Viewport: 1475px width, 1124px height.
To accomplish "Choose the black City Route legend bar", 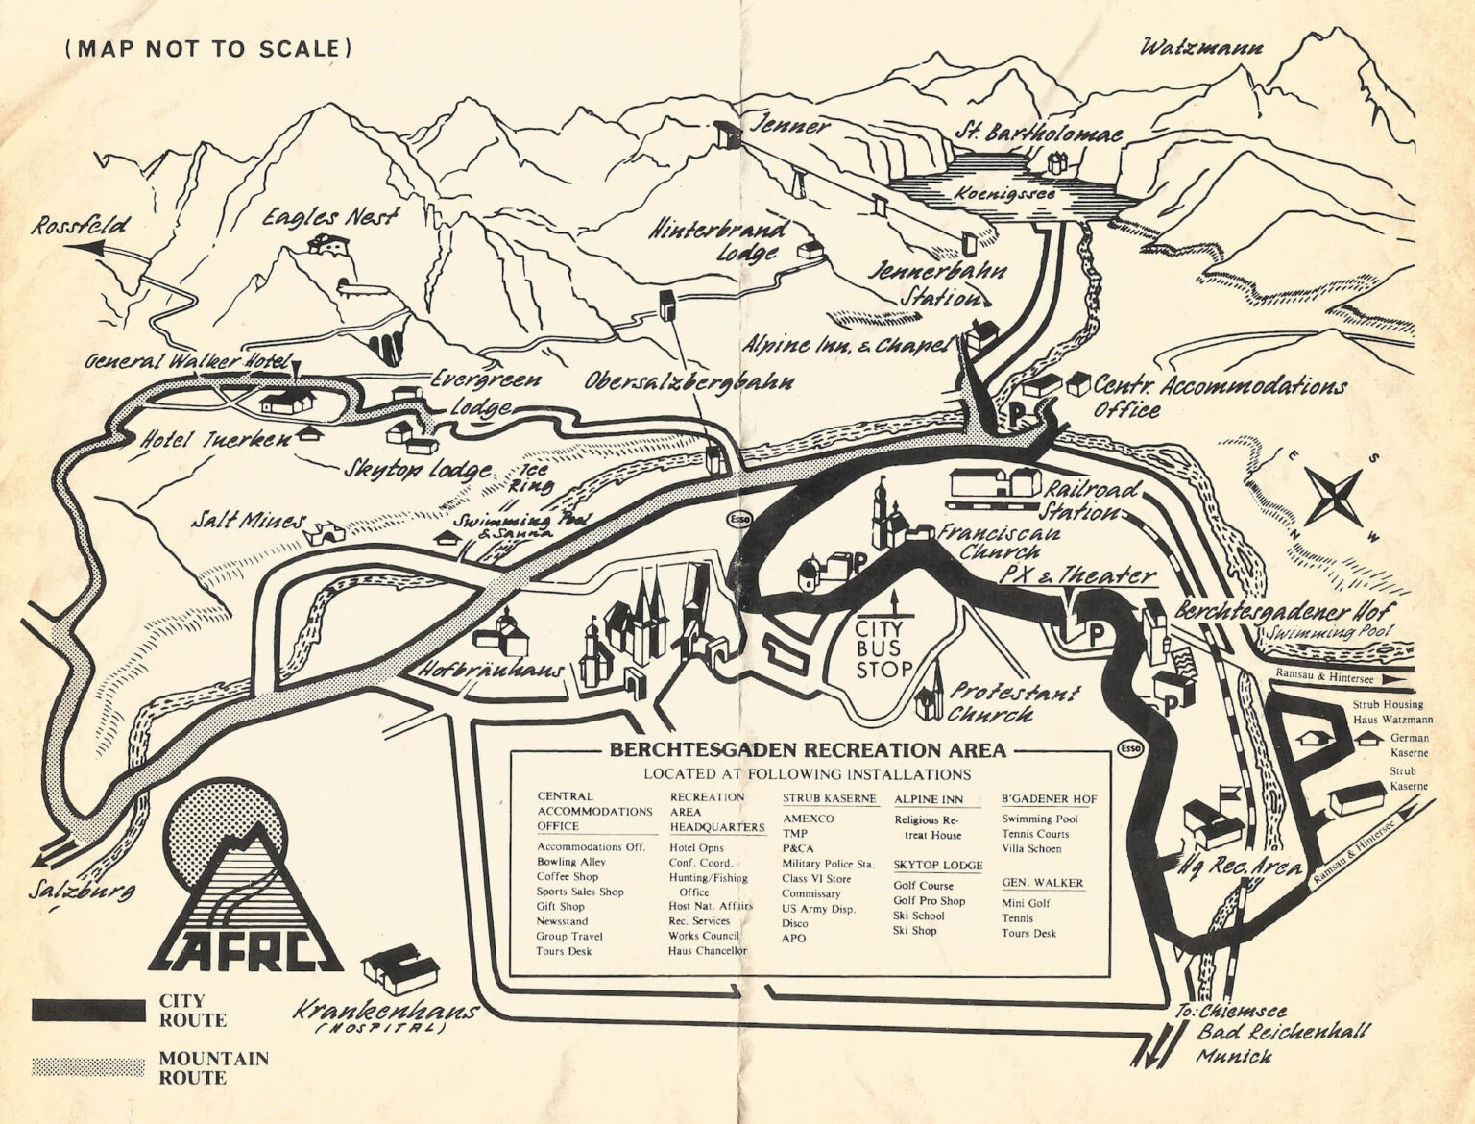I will pos(87,1011).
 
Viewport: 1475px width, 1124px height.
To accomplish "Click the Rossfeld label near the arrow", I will pos(82,228).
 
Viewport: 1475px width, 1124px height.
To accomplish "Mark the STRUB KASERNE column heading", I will pos(829,798).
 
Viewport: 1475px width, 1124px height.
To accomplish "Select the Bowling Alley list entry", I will pos(571,862).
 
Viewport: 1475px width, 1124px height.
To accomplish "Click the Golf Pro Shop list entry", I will pos(929,900).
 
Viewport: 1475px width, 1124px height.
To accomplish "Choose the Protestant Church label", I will pos(1013,702).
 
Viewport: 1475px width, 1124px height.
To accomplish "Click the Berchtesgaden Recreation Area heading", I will pos(808,750).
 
